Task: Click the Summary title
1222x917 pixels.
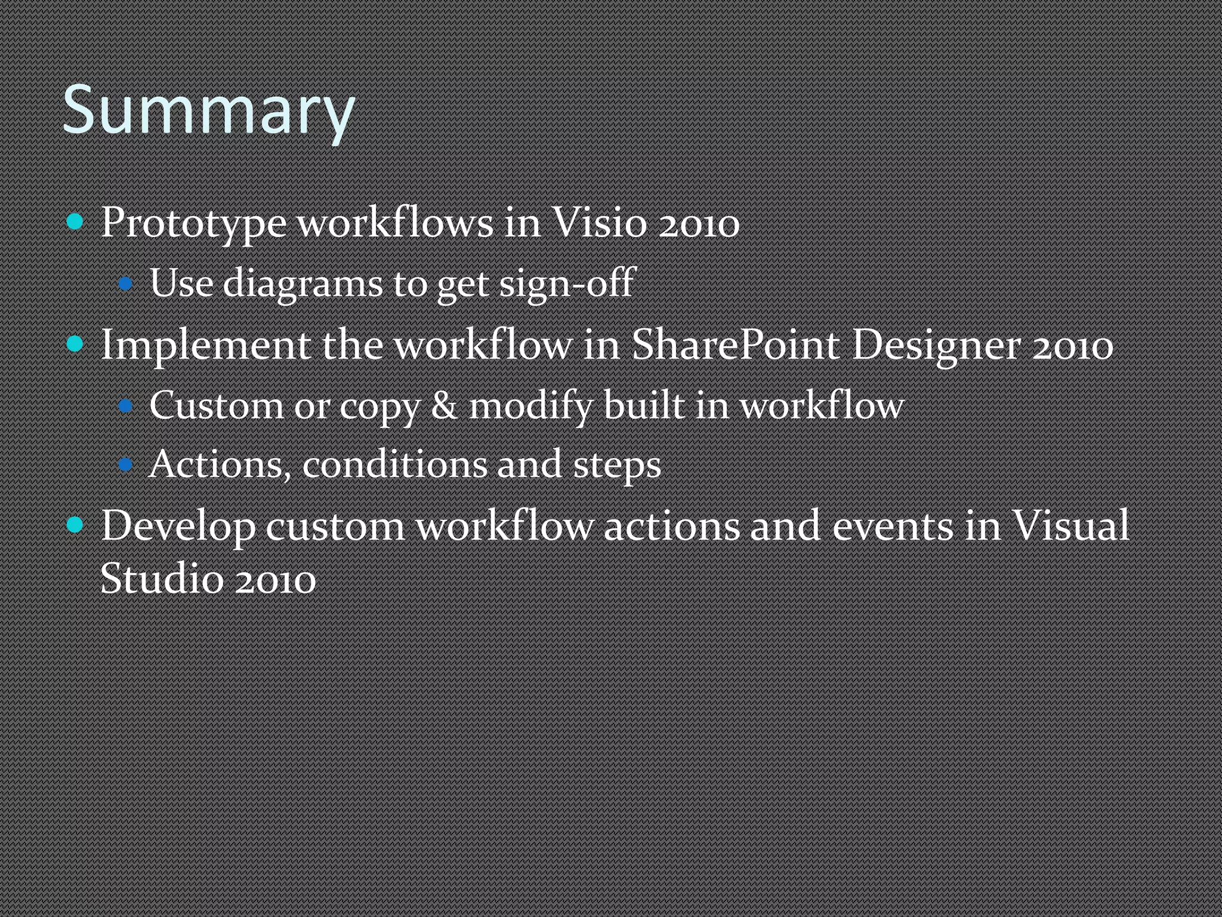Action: [x=208, y=111]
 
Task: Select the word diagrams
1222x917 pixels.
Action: [x=303, y=283]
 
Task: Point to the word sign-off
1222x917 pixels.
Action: [x=567, y=283]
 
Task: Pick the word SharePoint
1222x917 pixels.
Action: [x=735, y=344]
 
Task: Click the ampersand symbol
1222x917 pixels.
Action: [x=444, y=405]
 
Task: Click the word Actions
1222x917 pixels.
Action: [x=220, y=464]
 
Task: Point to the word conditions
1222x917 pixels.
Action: [x=394, y=464]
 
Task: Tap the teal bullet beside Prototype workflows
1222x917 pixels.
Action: [x=75, y=223]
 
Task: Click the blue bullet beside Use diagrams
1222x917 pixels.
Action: [x=125, y=284]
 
